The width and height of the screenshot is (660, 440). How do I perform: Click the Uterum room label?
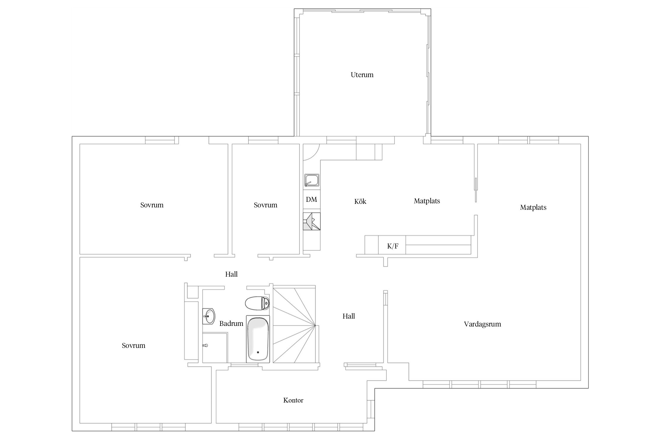point(362,75)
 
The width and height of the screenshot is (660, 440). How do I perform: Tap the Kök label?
point(360,202)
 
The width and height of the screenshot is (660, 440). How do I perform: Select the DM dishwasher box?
point(312,200)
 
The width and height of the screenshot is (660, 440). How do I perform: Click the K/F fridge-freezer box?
point(392,246)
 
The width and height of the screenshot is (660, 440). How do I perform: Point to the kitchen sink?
point(312,180)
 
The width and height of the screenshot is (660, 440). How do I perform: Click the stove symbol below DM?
point(312,221)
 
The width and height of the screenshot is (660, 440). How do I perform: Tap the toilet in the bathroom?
point(257,303)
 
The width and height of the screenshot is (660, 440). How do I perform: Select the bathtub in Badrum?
point(258,339)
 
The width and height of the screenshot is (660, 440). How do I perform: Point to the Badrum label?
point(231,324)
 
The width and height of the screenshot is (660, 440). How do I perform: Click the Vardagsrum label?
point(482,324)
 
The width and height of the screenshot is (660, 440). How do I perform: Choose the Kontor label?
point(293,400)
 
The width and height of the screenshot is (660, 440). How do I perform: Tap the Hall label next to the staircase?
point(348,316)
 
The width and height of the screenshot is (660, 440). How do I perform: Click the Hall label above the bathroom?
point(231,274)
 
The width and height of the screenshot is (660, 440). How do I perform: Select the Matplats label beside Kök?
point(427,201)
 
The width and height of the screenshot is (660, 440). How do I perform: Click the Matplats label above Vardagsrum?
point(533,207)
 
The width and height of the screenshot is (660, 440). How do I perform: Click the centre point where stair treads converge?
point(315,325)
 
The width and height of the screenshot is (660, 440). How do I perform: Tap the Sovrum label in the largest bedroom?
point(133,346)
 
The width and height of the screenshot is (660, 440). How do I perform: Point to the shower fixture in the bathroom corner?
point(206,346)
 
